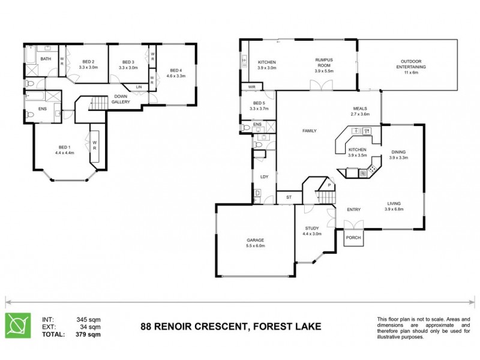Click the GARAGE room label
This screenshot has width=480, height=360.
[255, 240]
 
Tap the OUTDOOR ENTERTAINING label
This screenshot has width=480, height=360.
[413, 64]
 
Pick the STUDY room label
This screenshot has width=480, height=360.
[313, 228]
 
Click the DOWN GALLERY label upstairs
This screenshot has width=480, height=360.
[121, 100]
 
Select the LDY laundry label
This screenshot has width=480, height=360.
[264, 176]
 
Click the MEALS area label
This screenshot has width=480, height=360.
[360, 109]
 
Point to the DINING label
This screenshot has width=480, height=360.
[398, 152]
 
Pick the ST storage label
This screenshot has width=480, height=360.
[288, 197]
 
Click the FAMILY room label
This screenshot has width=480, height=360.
[309, 131]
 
